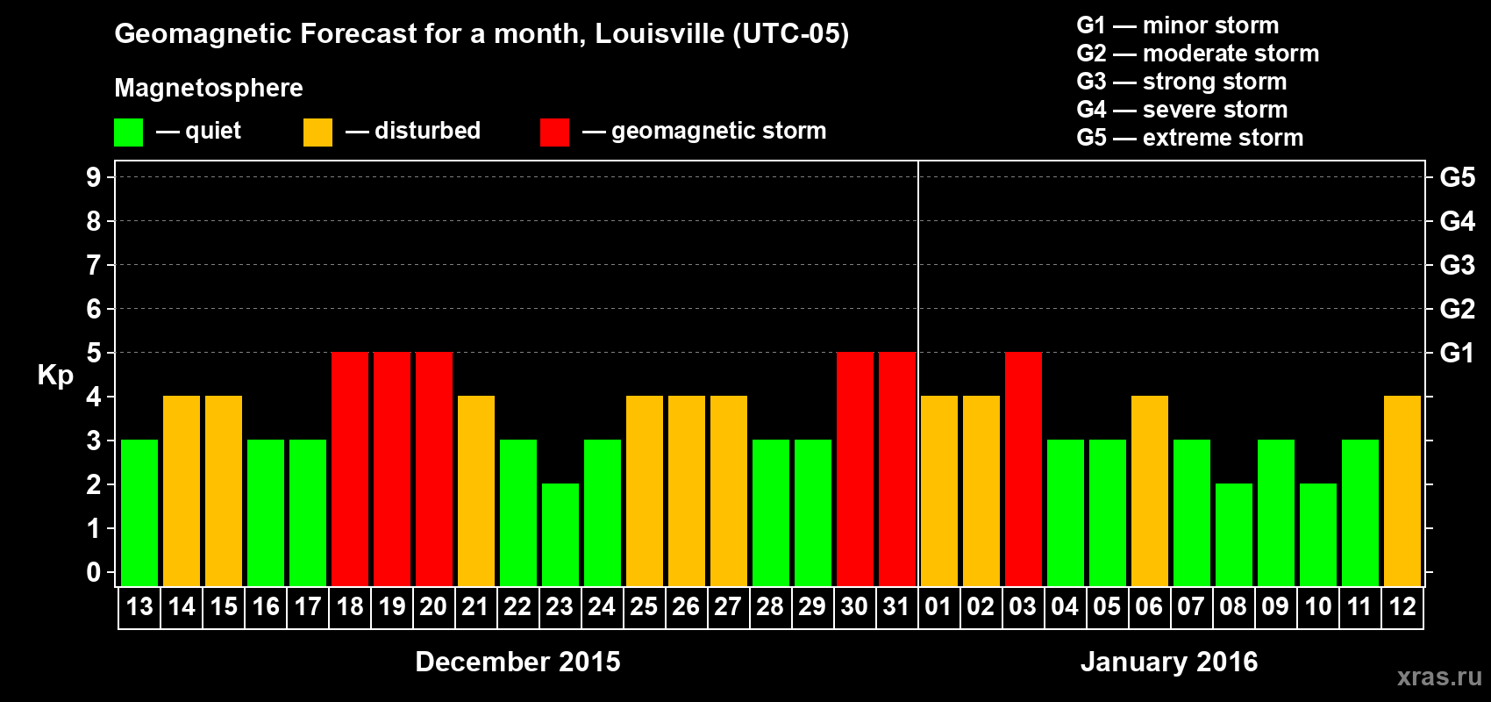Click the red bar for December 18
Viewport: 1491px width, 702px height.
click(350, 469)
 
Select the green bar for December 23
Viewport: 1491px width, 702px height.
click(560, 534)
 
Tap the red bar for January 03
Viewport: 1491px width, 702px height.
click(1024, 469)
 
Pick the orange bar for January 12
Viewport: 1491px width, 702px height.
click(1402, 491)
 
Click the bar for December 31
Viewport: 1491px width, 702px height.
click(897, 469)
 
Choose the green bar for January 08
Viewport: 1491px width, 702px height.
click(1234, 534)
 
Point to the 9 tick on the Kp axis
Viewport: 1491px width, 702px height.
click(94, 177)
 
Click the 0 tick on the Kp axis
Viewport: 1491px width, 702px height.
click(94, 572)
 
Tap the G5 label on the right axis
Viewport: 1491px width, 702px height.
click(1457, 177)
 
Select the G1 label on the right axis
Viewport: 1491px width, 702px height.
click(1457, 353)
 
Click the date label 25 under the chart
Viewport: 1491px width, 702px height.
click(644, 606)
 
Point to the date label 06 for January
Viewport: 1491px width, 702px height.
click(1149, 606)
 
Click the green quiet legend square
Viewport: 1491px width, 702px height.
click(129, 133)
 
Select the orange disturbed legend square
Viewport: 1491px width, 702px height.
click(317, 133)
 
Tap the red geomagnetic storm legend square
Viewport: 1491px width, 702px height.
click(554, 133)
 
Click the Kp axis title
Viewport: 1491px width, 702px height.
click(55, 375)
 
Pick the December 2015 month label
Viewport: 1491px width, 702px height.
click(517, 662)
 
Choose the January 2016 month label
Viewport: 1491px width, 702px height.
click(1169, 662)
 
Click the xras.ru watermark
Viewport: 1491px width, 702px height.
click(1439, 677)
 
